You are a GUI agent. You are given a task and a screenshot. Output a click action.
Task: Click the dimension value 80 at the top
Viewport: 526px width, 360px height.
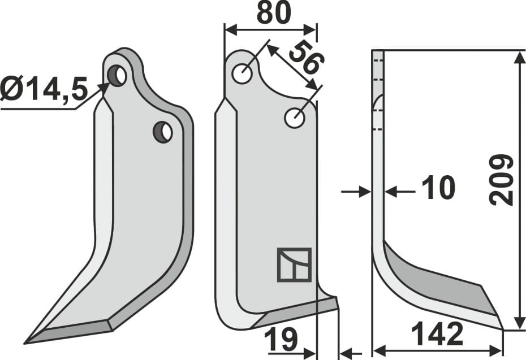pyautogui.click(x=274, y=12)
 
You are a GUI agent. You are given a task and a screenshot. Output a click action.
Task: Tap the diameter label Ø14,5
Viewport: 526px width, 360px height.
pyautogui.click(x=44, y=89)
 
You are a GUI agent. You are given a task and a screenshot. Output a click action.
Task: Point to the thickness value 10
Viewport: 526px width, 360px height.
pyautogui.click(x=438, y=188)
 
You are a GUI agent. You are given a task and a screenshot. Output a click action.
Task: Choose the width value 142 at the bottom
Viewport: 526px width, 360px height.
pyautogui.click(x=437, y=336)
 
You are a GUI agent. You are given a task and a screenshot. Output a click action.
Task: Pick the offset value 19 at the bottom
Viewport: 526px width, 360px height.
pyautogui.click(x=281, y=341)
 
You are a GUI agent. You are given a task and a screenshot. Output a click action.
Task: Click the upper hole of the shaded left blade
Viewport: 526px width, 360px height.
pyautogui.click(x=117, y=75)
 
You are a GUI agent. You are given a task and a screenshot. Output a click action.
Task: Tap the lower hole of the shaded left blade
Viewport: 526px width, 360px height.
pyautogui.click(x=163, y=132)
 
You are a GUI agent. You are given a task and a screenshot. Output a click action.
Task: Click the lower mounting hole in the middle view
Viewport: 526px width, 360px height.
pyautogui.click(x=295, y=118)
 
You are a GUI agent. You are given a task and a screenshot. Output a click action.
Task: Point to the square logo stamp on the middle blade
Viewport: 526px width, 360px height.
pyautogui.click(x=294, y=264)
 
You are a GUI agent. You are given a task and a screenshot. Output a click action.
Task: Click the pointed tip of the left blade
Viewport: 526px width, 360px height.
pyautogui.click(x=27, y=342)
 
